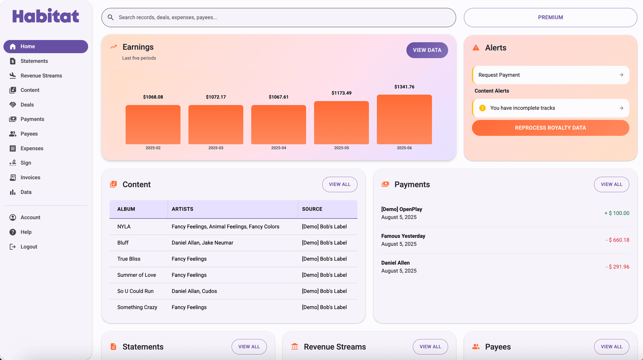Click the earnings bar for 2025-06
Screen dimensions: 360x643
tap(404, 119)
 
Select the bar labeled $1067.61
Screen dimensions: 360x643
tap(278, 125)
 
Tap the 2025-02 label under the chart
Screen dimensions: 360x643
tap(153, 148)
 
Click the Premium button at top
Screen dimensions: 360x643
tap(550, 17)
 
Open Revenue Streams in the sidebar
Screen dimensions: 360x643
tap(41, 76)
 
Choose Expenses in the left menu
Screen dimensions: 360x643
tap(32, 148)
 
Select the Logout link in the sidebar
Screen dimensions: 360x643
tap(29, 247)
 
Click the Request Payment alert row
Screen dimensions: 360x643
tap(550, 75)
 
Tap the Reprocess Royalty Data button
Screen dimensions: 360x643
tap(550, 128)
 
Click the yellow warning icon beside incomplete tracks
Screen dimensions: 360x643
tap(482, 108)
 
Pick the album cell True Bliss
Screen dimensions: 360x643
tap(129, 259)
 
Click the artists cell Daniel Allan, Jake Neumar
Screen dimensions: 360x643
tap(202, 243)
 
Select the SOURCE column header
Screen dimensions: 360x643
tap(312, 209)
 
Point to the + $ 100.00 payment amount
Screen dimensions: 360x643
tap(617, 213)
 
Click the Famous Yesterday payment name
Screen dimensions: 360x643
tap(403, 236)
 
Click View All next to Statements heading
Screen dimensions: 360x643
tap(249, 347)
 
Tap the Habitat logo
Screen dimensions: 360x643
tap(46, 16)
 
